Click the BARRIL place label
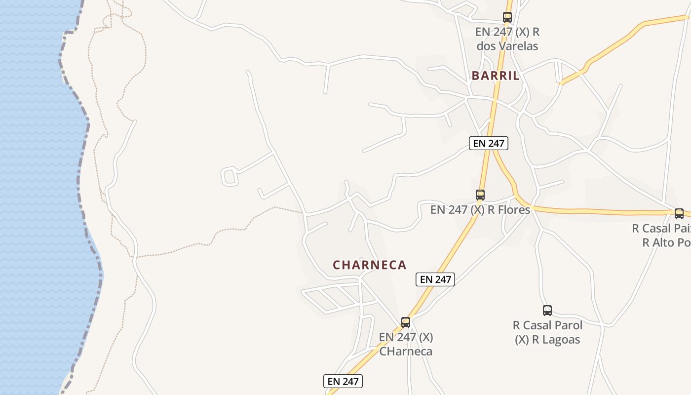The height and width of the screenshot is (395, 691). pyautogui.click(x=496, y=76)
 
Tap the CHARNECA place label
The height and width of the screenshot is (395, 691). pyautogui.click(x=369, y=265)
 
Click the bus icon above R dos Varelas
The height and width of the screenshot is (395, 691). pyautogui.click(x=507, y=17)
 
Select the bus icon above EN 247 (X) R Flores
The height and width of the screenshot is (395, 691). pyautogui.click(x=480, y=195)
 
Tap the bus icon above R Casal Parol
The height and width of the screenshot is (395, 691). pyautogui.click(x=547, y=311)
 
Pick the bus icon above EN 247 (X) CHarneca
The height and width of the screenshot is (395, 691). pyautogui.click(x=406, y=322)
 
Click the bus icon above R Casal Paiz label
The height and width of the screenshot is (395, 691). pyautogui.click(x=679, y=214)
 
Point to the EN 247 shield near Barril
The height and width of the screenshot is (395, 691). pyautogui.click(x=488, y=143)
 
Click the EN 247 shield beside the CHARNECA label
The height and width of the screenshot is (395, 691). pyautogui.click(x=435, y=279)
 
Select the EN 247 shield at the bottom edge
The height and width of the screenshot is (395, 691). pyautogui.click(x=343, y=381)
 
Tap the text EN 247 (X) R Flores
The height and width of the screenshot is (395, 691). pyautogui.click(x=480, y=209)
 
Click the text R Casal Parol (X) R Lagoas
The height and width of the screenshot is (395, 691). pyautogui.click(x=547, y=332)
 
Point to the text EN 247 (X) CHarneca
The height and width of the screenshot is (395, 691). pyautogui.click(x=406, y=344)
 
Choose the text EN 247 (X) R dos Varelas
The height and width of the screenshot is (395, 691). pyautogui.click(x=507, y=39)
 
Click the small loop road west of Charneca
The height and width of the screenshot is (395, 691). pyautogui.click(x=230, y=176)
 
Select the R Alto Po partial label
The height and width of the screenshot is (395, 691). pyautogui.click(x=666, y=242)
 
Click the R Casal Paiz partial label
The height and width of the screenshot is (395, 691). pyautogui.click(x=661, y=228)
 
